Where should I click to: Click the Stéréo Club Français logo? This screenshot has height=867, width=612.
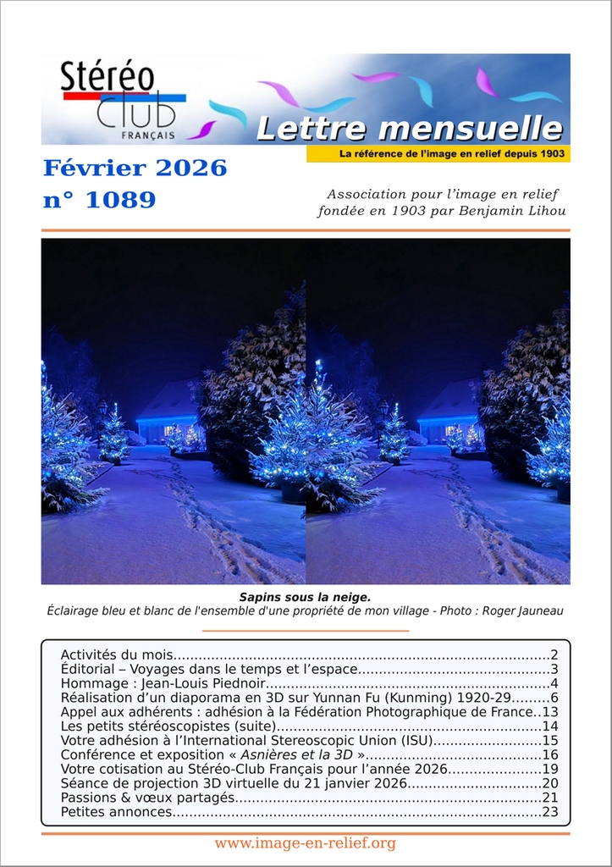119,99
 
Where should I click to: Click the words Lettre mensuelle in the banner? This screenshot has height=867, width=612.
409,129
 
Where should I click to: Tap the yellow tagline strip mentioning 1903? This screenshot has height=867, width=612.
438,154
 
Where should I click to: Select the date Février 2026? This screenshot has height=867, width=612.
135,168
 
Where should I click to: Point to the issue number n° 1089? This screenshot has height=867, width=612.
99,200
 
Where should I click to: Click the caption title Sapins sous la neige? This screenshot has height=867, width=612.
305,597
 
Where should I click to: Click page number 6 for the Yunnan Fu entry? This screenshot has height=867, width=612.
554,698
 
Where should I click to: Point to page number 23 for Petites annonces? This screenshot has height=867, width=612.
550,812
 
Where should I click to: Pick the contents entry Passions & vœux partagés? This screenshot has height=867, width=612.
148,798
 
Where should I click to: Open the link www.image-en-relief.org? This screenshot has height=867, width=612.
305,843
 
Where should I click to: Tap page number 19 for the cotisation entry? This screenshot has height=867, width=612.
550,769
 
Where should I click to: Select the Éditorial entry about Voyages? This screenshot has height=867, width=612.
208,669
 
